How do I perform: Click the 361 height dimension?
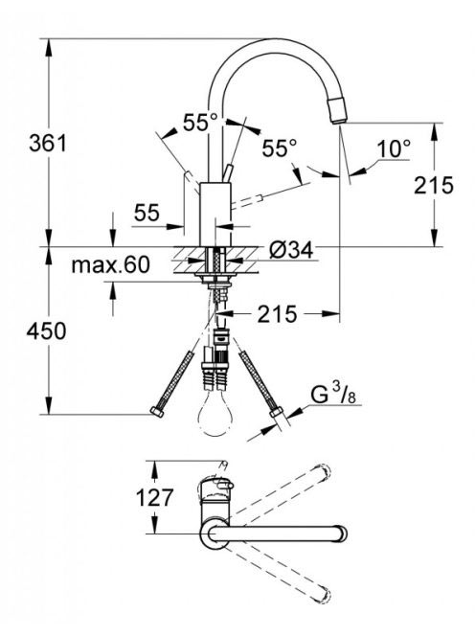(48, 143)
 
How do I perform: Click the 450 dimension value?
(46, 330)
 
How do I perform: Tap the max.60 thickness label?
(110, 265)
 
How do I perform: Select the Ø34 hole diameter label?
(291, 250)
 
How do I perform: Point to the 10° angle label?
(394, 148)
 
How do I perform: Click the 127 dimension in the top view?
(154, 497)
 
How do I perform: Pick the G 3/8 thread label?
(333, 395)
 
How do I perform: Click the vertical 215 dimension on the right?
(433, 186)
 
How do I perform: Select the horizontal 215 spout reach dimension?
(278, 314)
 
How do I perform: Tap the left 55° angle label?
(200, 122)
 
